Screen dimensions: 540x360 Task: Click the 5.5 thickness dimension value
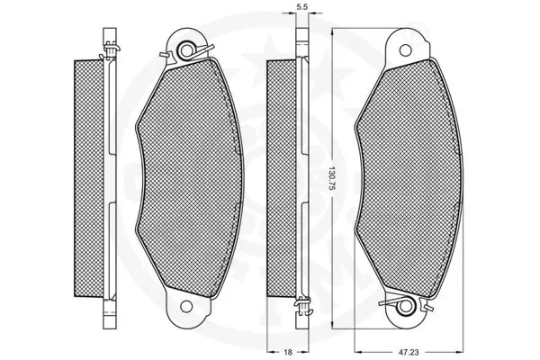pos(301,6)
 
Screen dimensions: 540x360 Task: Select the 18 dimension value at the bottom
pos(288,352)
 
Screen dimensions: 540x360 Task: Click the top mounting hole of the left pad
pos(186,50)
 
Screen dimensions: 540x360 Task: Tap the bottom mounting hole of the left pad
pos(186,306)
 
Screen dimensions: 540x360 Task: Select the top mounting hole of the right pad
pos(405,50)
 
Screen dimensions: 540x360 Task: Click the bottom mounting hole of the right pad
pos(406,306)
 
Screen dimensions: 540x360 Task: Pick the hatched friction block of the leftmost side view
pos(88,178)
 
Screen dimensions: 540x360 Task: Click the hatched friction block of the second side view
pos(282,178)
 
